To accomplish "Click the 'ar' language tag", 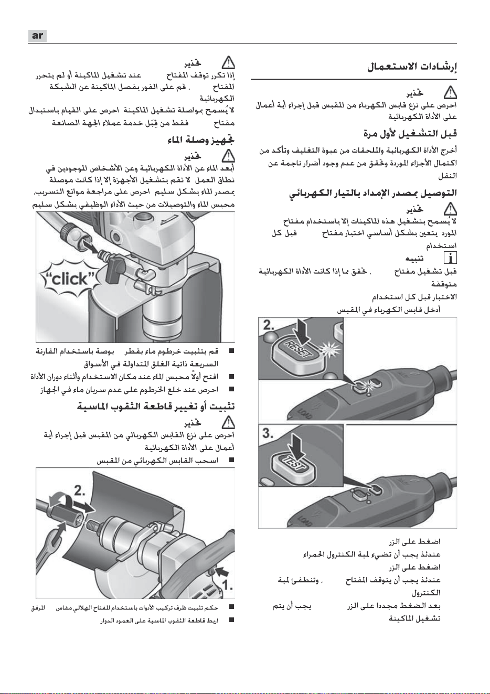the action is (x=37, y=36).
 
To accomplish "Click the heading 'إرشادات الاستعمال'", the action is (x=412, y=67).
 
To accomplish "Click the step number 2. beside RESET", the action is (x=269, y=325).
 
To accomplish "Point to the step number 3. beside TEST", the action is (x=269, y=433).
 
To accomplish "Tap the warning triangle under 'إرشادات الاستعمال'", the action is (x=450, y=92).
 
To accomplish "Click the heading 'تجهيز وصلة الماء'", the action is (x=200, y=141).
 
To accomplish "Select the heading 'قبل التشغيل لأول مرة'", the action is (x=410, y=134).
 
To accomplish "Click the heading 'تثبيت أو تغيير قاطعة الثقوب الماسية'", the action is (x=156, y=406).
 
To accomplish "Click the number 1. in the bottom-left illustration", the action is (x=228, y=585).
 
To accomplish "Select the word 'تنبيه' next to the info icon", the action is (x=414, y=258).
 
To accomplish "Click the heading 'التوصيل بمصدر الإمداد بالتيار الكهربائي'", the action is (x=373, y=194).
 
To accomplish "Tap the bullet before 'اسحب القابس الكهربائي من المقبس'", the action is (x=231, y=460).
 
